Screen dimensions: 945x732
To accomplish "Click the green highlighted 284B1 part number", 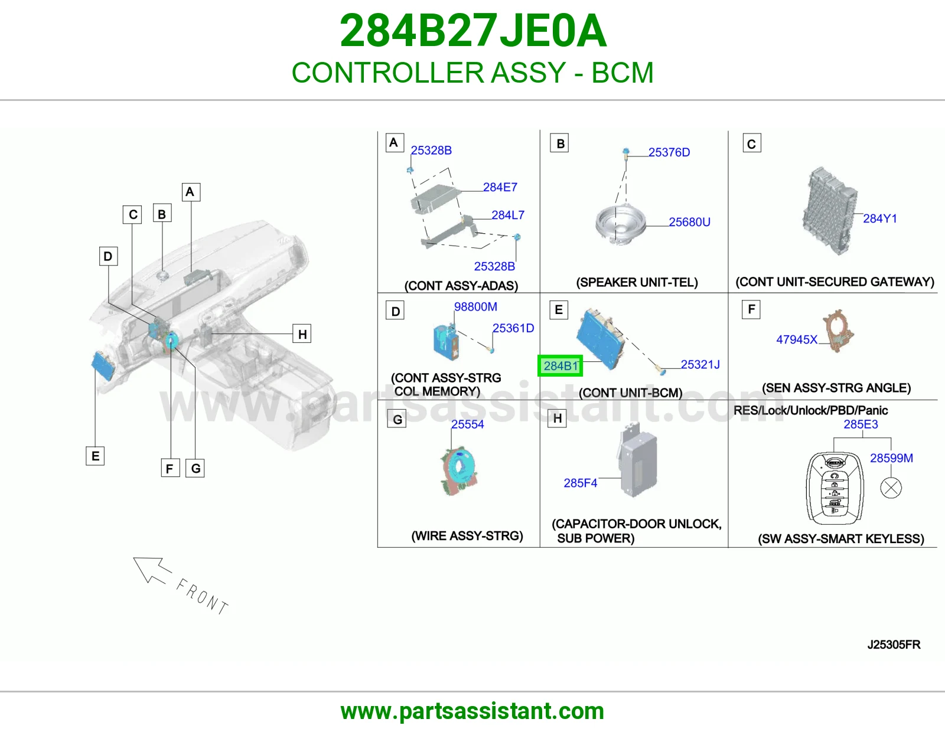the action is tap(560, 366).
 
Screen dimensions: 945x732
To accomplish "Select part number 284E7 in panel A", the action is tap(500, 187).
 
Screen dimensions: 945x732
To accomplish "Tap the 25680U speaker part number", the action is tap(689, 222).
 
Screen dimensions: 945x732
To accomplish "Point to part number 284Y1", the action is tap(880, 218).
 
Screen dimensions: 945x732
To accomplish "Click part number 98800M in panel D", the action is tap(475, 307).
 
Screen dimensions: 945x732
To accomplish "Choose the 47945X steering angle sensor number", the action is tap(797, 339).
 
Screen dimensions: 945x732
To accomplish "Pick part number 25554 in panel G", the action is tap(467, 424).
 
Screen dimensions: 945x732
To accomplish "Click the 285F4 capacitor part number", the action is tap(580, 483).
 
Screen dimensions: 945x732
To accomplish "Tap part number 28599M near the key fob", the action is tap(891, 458).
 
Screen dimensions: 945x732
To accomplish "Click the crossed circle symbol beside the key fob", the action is tap(891, 488).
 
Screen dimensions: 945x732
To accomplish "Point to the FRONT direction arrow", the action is tap(152, 570).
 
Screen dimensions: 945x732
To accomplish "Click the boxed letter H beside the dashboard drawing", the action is tap(302, 334).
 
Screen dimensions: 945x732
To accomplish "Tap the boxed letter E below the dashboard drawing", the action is tap(95, 456).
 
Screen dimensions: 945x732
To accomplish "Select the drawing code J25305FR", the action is tap(894, 645).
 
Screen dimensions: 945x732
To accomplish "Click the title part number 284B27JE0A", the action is tap(472, 31).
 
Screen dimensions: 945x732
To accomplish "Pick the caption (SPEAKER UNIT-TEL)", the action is tap(637, 283).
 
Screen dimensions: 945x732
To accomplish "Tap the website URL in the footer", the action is tap(472, 711).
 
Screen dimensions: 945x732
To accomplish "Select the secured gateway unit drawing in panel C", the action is tap(830, 212).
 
